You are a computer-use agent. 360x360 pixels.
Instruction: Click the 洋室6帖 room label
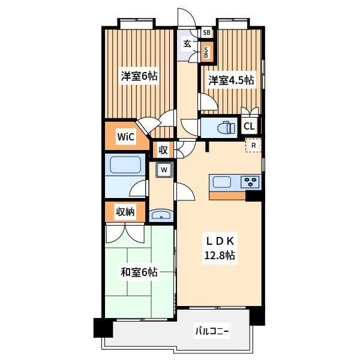click(x=139, y=76)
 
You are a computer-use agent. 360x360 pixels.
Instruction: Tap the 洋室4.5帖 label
click(x=231, y=80)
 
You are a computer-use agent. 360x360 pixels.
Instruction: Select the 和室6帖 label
click(x=139, y=272)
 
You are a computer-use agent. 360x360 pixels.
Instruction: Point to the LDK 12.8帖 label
click(x=220, y=248)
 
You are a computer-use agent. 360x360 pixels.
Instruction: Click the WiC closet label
click(x=125, y=137)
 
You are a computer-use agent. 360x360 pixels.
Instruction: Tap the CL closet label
click(x=249, y=126)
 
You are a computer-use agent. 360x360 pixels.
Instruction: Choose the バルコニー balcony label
click(x=212, y=331)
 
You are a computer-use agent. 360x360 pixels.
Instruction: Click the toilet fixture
click(x=227, y=127)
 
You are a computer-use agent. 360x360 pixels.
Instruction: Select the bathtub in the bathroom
click(x=125, y=164)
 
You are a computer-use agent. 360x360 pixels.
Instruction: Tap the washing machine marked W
click(x=164, y=170)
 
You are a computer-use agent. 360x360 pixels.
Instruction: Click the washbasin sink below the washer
click(x=161, y=215)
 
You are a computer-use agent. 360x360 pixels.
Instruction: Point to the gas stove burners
click(x=250, y=182)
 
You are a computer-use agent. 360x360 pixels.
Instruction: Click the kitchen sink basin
click(x=222, y=182)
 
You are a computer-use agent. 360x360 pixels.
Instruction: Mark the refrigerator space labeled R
click(x=253, y=145)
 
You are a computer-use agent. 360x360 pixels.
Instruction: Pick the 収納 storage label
click(x=125, y=212)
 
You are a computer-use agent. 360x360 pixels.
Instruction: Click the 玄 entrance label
click(x=187, y=43)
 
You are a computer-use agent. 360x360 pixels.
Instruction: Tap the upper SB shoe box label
click(x=206, y=32)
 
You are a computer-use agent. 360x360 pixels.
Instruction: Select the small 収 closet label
click(x=163, y=151)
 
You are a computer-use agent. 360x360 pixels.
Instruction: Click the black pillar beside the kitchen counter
click(x=254, y=196)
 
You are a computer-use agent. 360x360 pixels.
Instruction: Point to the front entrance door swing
click(x=187, y=17)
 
